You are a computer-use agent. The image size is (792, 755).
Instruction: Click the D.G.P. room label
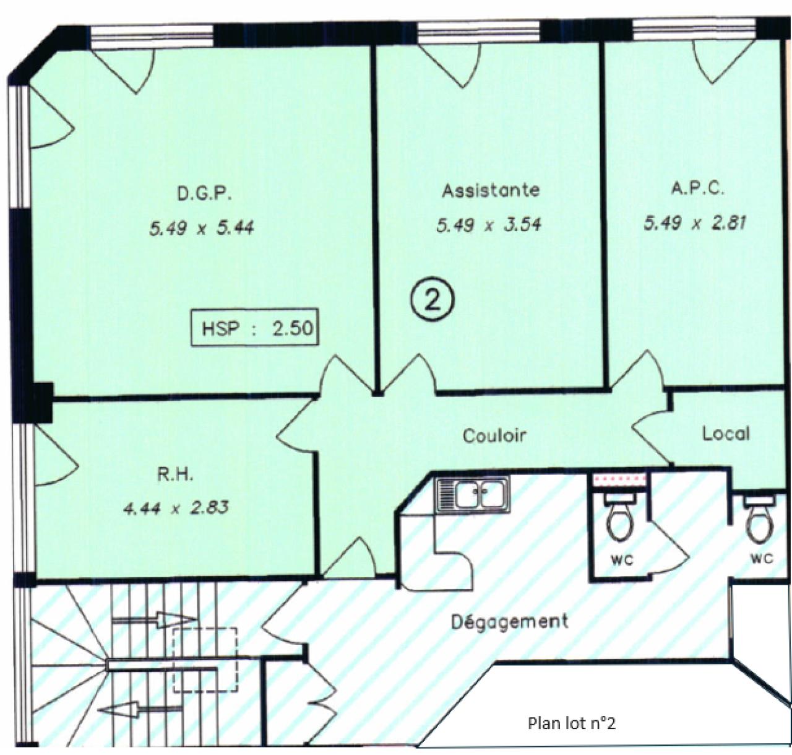[x=204, y=194]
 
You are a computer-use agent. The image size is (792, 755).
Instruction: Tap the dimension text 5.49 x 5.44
[x=202, y=229]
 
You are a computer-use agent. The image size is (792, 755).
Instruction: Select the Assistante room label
[x=490, y=190]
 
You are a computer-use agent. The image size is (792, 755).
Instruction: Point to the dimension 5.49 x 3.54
[x=489, y=224]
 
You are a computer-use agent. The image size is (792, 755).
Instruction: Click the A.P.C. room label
[x=697, y=188]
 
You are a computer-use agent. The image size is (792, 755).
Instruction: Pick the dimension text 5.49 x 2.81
[x=695, y=222]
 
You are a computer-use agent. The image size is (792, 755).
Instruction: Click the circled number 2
[x=433, y=300]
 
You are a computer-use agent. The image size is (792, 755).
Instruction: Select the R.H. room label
[x=175, y=475]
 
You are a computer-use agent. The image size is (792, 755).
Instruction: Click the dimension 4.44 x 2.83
[x=176, y=508]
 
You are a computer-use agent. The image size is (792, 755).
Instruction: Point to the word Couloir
[x=494, y=435]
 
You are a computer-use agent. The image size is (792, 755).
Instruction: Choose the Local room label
[x=726, y=434]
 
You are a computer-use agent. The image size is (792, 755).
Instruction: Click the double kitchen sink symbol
[x=473, y=495]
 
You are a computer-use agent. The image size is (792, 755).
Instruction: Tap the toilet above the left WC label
[x=621, y=521]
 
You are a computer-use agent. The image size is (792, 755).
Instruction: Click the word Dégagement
[x=509, y=621]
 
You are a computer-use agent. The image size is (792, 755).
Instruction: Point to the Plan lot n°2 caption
[x=572, y=723]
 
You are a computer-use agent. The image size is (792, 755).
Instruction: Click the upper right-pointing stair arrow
[x=154, y=619]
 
